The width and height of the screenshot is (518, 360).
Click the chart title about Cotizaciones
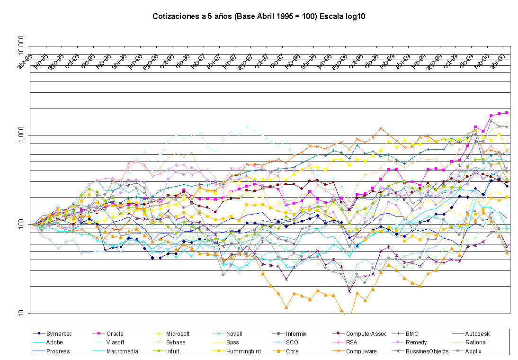click(x=259, y=17)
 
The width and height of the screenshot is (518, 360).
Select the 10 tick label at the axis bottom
click(x=24, y=313)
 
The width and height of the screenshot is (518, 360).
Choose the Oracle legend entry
click(x=115, y=334)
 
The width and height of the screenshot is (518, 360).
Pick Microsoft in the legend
click(x=179, y=334)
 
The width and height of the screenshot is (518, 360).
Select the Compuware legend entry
click(x=364, y=351)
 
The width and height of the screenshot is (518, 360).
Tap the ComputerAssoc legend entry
click(x=366, y=334)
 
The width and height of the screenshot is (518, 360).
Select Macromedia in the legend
click(x=122, y=351)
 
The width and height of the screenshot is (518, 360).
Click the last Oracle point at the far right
click(x=507, y=113)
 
